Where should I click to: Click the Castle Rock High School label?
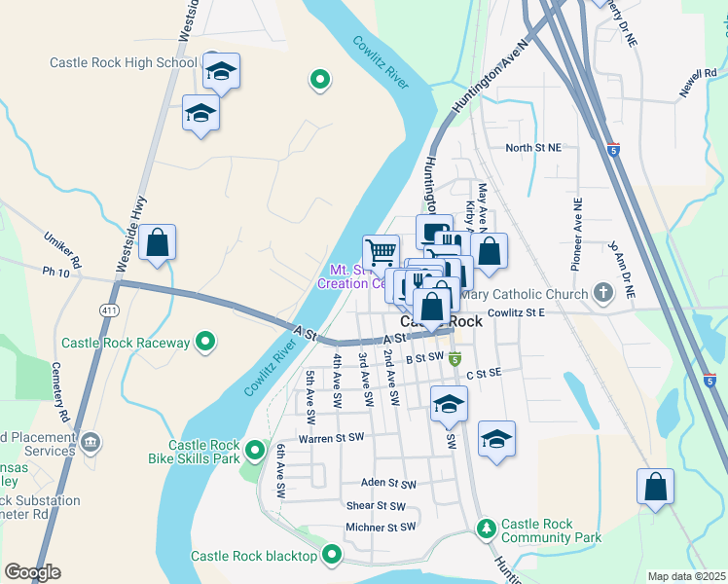[124, 63]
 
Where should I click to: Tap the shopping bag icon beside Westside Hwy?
[157, 242]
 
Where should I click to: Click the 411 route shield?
[108, 309]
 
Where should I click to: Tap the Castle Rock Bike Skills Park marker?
[255, 450]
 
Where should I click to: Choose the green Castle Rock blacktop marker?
[332, 556]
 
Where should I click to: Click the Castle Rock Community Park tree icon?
[486, 529]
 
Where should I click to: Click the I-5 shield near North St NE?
[612, 150]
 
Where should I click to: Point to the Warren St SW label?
[331, 437]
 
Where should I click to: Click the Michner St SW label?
[381, 528]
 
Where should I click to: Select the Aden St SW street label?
[387, 483]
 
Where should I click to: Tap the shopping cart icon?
[381, 251]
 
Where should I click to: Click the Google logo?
[32, 572]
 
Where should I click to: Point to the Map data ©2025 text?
[686, 576]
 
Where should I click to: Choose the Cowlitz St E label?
[516, 313]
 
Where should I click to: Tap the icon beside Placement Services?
[91, 443]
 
